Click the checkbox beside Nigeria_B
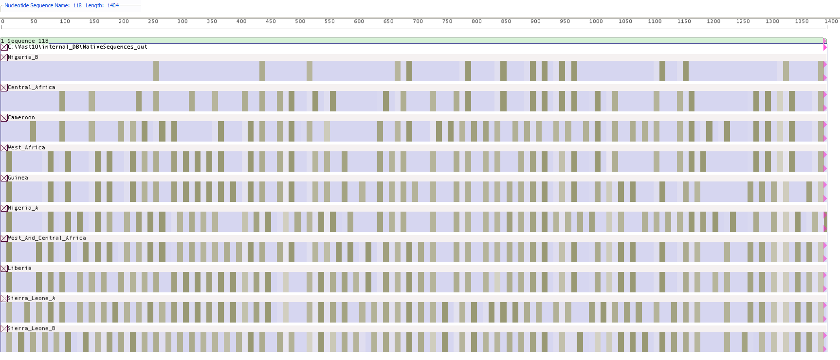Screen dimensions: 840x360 (x=4, y=57)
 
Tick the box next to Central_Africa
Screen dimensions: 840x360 (x=4, y=88)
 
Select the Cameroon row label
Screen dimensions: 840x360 (x=21, y=118)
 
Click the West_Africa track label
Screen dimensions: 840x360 (x=26, y=148)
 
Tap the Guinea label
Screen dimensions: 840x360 (x=18, y=178)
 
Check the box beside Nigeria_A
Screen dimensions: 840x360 (x=4, y=208)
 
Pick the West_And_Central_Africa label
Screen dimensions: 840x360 (x=47, y=238)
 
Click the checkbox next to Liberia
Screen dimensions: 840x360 (x=4, y=269)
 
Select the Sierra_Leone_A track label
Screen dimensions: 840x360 (x=32, y=299)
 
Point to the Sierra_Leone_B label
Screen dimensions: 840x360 (x=32, y=329)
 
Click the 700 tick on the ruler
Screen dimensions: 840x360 (x=418, y=21)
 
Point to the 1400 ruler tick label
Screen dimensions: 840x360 (x=831, y=21)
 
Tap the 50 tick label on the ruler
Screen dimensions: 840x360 (x=34, y=21)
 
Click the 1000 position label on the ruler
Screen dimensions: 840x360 (x=596, y=21)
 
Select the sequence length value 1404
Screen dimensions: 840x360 (x=113, y=5)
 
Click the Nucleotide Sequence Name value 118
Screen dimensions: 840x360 (x=77, y=5)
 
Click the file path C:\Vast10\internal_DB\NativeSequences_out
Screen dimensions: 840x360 (x=77, y=47)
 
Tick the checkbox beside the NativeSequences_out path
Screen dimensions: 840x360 (x=4, y=47)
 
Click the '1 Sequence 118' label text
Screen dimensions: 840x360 (x=25, y=41)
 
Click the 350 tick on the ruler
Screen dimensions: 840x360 (x=212, y=21)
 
